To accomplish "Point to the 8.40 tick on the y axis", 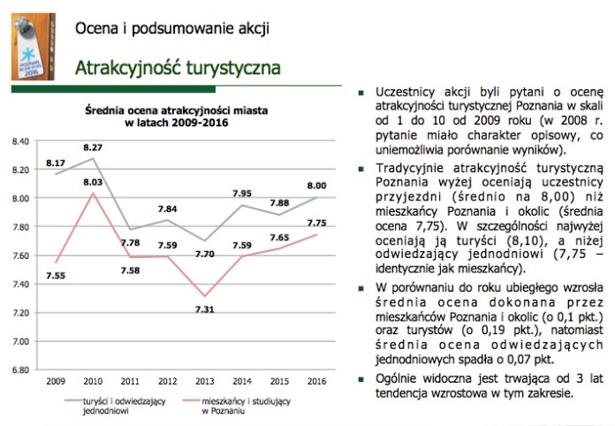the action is (19, 141).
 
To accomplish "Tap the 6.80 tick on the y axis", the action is (19, 370).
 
